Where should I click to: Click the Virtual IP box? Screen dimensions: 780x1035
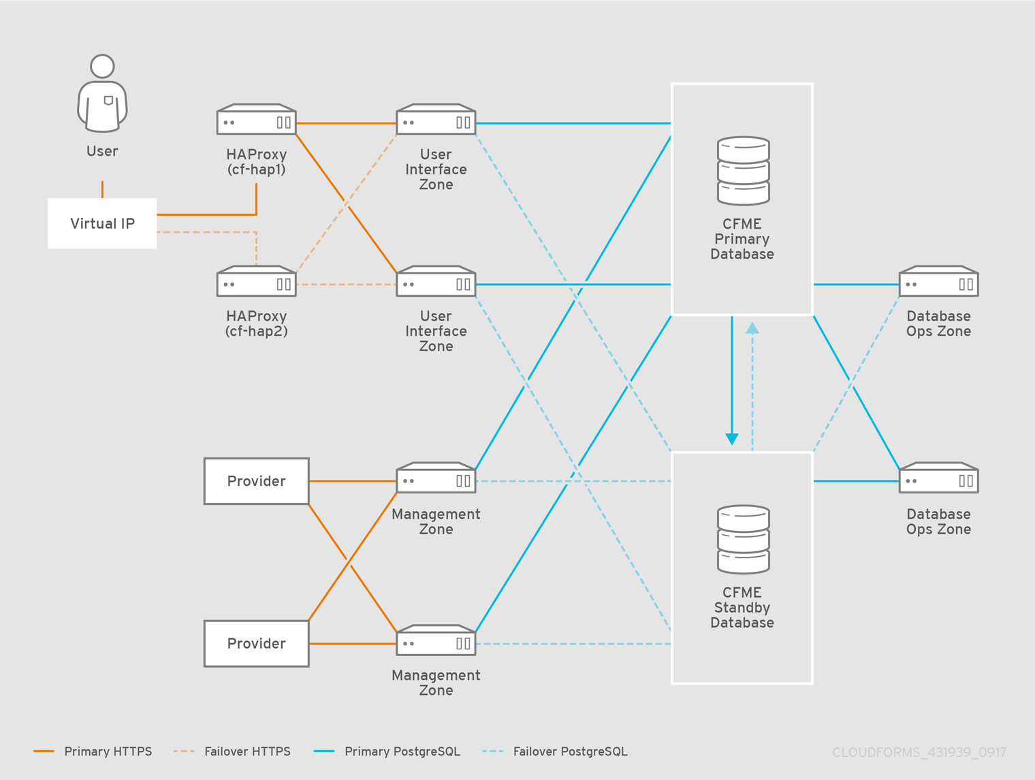pyautogui.click(x=102, y=223)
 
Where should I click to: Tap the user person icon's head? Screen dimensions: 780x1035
pyautogui.click(x=102, y=66)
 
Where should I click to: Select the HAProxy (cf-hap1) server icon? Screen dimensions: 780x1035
pyautogui.click(x=256, y=120)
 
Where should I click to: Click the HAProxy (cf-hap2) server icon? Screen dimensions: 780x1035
pyautogui.click(x=256, y=282)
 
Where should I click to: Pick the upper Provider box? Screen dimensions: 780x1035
pyautogui.click(x=256, y=481)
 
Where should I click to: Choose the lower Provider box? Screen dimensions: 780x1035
pyautogui.click(x=256, y=643)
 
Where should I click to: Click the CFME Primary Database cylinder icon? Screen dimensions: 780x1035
pyautogui.click(x=743, y=171)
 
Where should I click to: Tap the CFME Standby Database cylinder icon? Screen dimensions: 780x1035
pyautogui.click(x=743, y=540)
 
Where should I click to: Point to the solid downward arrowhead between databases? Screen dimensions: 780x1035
pyautogui.click(x=732, y=438)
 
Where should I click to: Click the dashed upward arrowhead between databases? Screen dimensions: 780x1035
pyautogui.click(x=752, y=328)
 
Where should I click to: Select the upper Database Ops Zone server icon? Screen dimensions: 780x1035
pyautogui.click(x=938, y=282)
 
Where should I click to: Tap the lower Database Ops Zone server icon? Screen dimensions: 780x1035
pyautogui.click(x=938, y=478)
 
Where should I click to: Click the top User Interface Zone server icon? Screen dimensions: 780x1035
pyautogui.click(x=436, y=120)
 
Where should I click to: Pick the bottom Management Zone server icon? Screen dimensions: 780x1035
pyautogui.click(x=436, y=640)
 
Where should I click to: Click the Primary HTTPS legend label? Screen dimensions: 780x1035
pyautogui.click(x=108, y=751)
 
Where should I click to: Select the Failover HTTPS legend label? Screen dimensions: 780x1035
pyautogui.click(x=247, y=751)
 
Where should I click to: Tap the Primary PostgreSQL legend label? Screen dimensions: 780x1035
pyautogui.click(x=402, y=751)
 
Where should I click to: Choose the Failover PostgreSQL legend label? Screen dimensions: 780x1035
pyautogui.click(x=570, y=751)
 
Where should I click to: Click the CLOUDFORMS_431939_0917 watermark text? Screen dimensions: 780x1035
pyautogui.click(x=919, y=752)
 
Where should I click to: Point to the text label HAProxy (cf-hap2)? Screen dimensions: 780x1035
pyautogui.click(x=256, y=324)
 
